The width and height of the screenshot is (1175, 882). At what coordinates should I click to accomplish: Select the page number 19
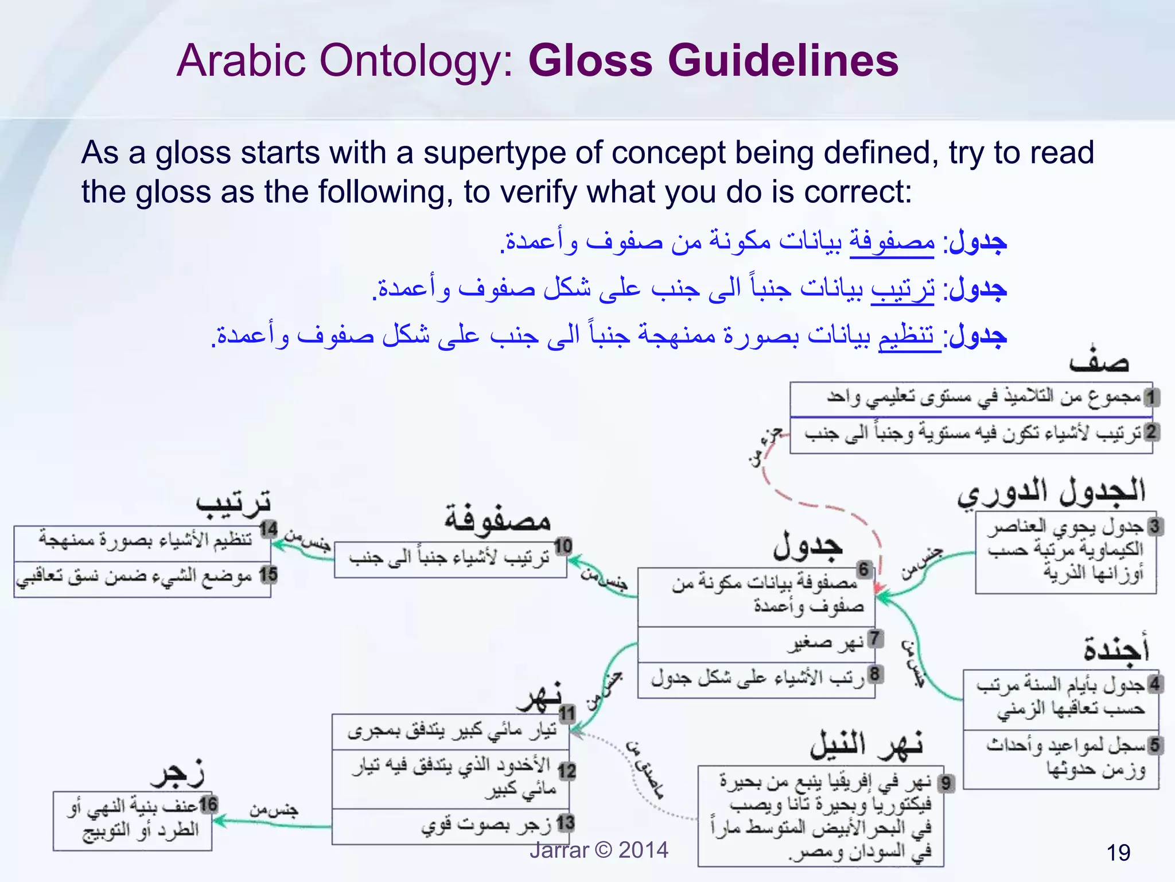1118,853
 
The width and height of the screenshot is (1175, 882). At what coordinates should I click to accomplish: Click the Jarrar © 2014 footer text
598,850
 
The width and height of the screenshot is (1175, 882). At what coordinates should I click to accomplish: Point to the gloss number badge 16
208,804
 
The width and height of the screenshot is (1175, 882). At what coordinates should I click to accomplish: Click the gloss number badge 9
946,783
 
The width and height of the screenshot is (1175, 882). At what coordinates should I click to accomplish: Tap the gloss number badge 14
268,529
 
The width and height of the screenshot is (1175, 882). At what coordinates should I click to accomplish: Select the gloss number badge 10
563,546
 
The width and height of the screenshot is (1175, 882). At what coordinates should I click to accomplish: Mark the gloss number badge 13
566,823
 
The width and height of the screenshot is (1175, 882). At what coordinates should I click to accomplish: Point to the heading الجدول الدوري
1051,493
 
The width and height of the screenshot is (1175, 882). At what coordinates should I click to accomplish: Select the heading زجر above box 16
178,775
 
